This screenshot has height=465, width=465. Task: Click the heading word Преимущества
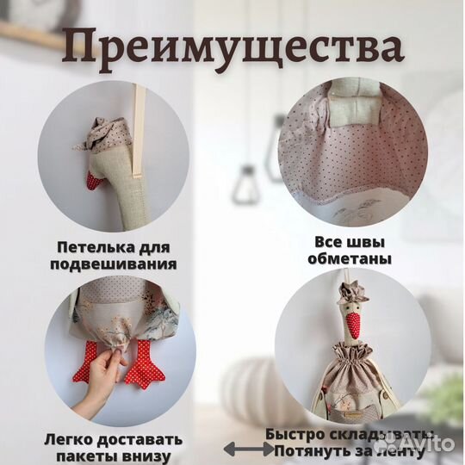(232, 49)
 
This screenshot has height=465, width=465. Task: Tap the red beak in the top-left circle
(96, 182)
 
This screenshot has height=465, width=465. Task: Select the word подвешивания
(120, 264)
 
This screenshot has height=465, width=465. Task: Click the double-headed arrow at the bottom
(245, 449)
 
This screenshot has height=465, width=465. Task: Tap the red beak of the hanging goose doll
(351, 325)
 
